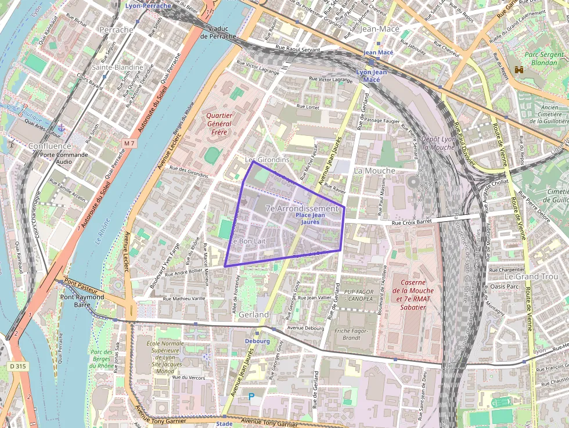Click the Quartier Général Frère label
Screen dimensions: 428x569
219,123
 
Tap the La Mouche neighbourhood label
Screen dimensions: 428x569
374,171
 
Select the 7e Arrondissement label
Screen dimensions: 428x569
301,208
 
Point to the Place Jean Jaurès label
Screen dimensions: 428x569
311,218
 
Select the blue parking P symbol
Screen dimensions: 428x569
251,397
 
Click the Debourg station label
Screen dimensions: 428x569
257,341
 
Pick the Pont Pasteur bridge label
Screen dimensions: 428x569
80,287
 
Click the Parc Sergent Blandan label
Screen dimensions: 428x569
543,58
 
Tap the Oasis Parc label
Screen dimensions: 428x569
504,286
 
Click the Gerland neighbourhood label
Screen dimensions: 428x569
254,314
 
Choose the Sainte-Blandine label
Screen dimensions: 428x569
117,67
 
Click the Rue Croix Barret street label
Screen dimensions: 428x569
413,222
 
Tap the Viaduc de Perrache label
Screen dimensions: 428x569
218,33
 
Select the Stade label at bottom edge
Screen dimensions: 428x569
224,424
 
